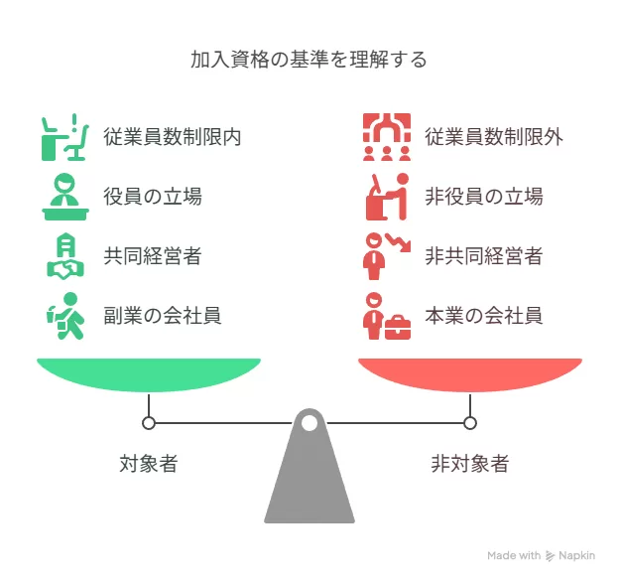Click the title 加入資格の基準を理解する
pyautogui.click(x=309, y=60)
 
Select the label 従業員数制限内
pyautogui.click(x=172, y=136)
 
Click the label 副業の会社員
pyautogui.click(x=162, y=316)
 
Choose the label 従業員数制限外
pyautogui.click(x=493, y=136)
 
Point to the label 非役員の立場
pyautogui.click(x=483, y=196)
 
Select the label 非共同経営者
pyautogui.click(x=483, y=256)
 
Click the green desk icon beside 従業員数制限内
pyautogui.click(x=62, y=137)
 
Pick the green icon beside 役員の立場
pyautogui.click(x=62, y=197)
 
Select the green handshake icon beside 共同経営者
pyautogui.click(x=63, y=256)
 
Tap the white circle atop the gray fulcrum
pyautogui.click(x=309, y=424)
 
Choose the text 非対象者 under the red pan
pyautogui.click(x=469, y=463)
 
